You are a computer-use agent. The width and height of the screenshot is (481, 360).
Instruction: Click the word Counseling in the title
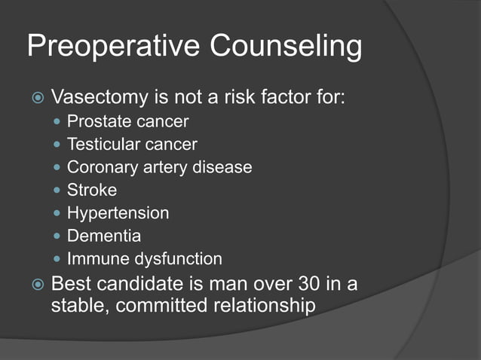[286, 47]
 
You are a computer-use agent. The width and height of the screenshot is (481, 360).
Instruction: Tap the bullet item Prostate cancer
[127, 121]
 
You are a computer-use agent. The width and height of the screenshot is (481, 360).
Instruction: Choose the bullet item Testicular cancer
[132, 144]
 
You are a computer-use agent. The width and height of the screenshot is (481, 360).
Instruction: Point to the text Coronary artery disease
[159, 167]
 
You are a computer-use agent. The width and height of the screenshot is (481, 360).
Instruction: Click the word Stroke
[92, 190]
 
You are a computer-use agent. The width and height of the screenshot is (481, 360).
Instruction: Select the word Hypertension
[118, 213]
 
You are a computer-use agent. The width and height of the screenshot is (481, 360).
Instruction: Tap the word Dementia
[104, 236]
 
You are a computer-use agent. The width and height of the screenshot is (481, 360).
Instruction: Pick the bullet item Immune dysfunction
[144, 259]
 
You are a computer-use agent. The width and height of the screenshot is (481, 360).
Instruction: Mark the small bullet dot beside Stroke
[58, 191]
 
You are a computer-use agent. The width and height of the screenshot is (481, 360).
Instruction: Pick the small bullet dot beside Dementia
[58, 236]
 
